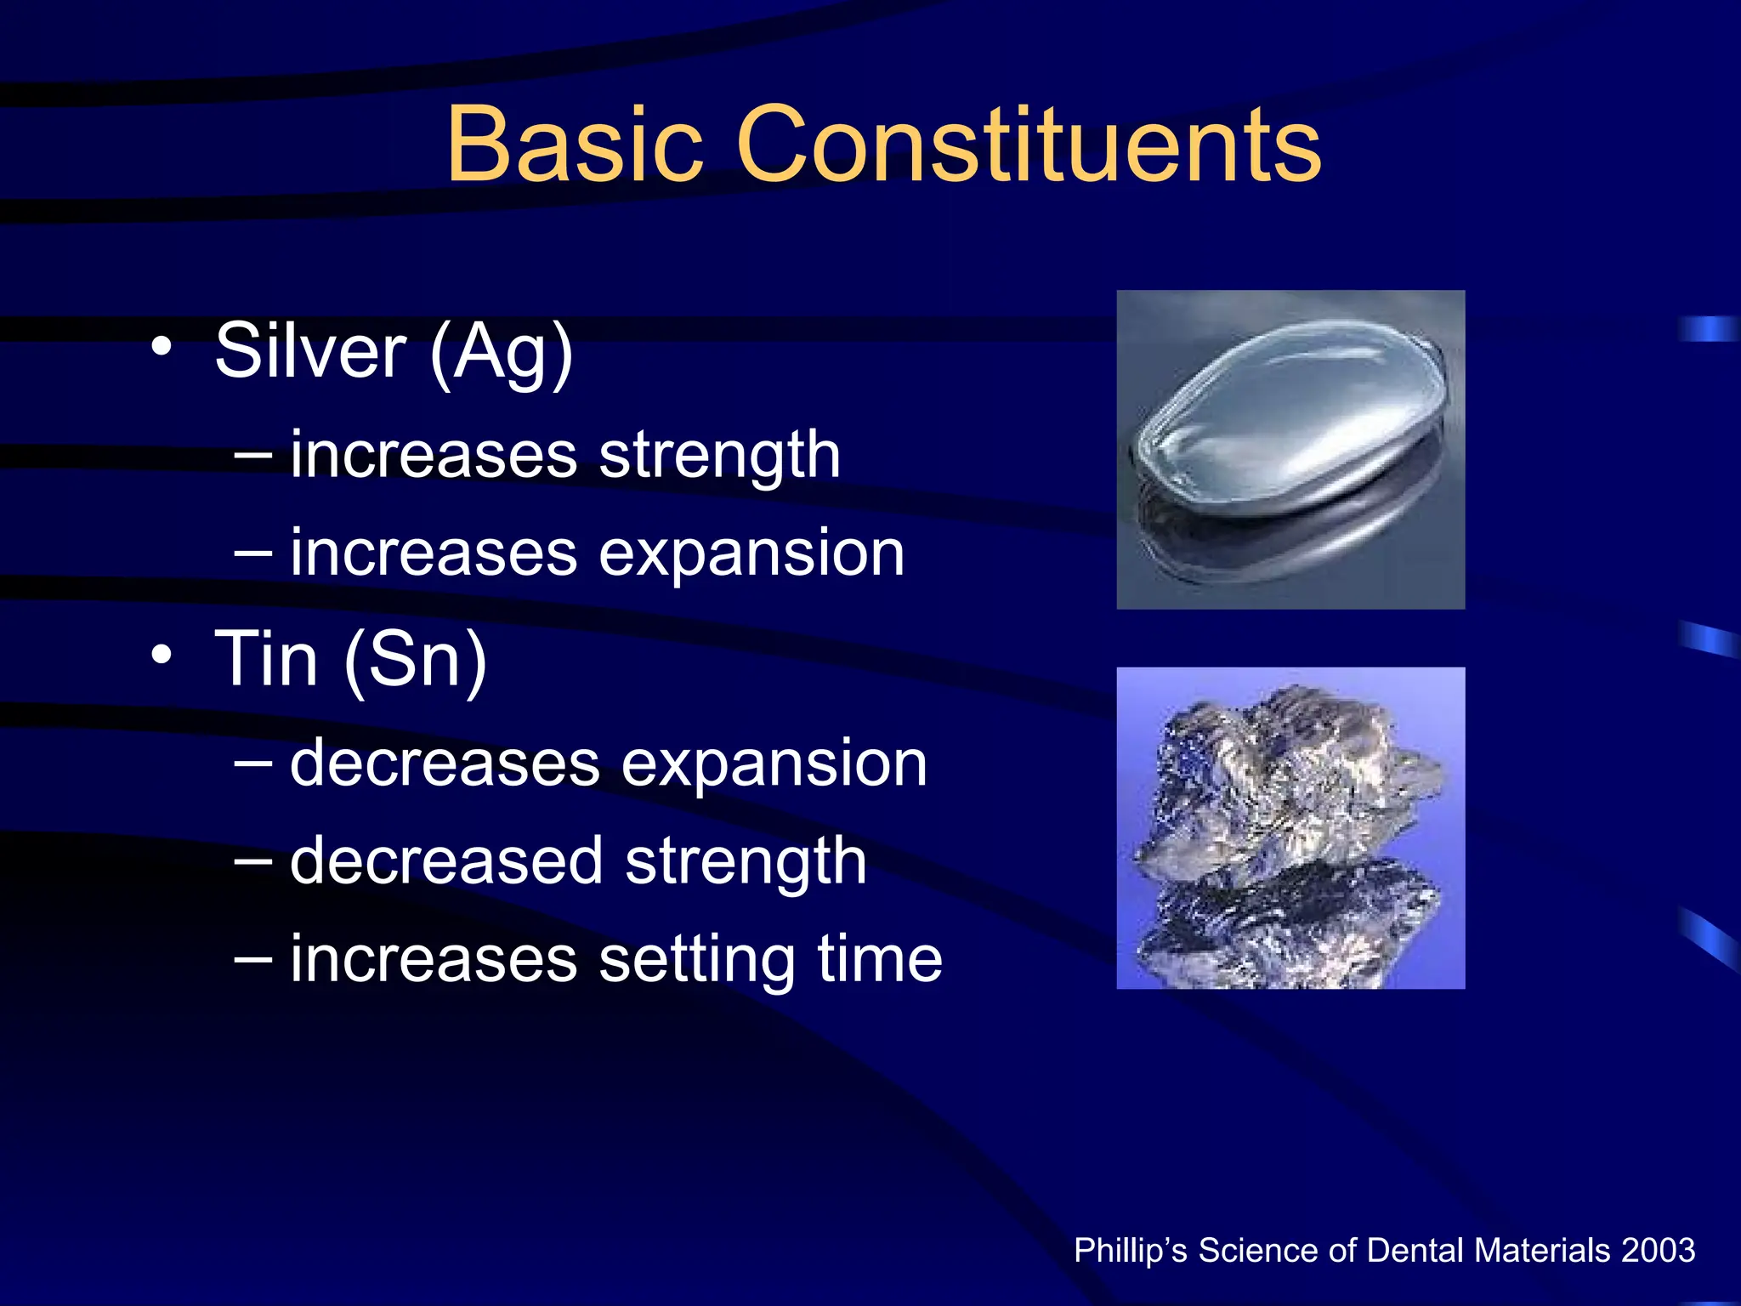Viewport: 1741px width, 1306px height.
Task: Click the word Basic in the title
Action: (x=575, y=145)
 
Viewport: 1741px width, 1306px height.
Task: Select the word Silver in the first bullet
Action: (x=310, y=351)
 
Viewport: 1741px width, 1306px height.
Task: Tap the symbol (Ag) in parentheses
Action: (x=502, y=353)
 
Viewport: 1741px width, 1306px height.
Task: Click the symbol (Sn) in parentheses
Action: (x=416, y=661)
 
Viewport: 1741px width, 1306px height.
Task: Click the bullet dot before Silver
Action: (x=162, y=347)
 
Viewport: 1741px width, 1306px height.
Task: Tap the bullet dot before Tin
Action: (x=162, y=655)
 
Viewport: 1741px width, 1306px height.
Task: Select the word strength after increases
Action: (x=719, y=456)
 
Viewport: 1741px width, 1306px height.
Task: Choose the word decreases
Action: (x=445, y=763)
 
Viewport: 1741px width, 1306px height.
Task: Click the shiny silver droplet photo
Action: (x=1290, y=449)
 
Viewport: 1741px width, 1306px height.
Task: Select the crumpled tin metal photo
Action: (x=1290, y=827)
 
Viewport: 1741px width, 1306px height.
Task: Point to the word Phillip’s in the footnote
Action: (x=1130, y=1251)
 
